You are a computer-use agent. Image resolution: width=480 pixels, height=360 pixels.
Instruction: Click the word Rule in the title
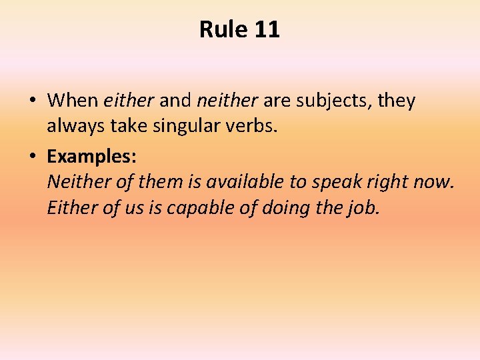click(222, 29)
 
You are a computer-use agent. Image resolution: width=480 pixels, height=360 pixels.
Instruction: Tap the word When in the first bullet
click(73, 101)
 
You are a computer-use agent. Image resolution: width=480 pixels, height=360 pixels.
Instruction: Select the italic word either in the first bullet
click(129, 101)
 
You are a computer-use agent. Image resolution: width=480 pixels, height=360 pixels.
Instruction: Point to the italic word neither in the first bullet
click(227, 101)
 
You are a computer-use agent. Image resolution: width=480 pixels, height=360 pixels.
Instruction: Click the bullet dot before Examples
click(33, 156)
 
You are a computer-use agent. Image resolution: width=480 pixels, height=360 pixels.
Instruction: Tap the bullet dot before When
click(33, 101)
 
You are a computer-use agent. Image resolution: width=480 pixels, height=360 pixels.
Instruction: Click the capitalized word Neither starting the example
click(75, 181)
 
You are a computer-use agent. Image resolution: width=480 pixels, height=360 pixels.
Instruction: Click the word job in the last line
click(365, 209)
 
